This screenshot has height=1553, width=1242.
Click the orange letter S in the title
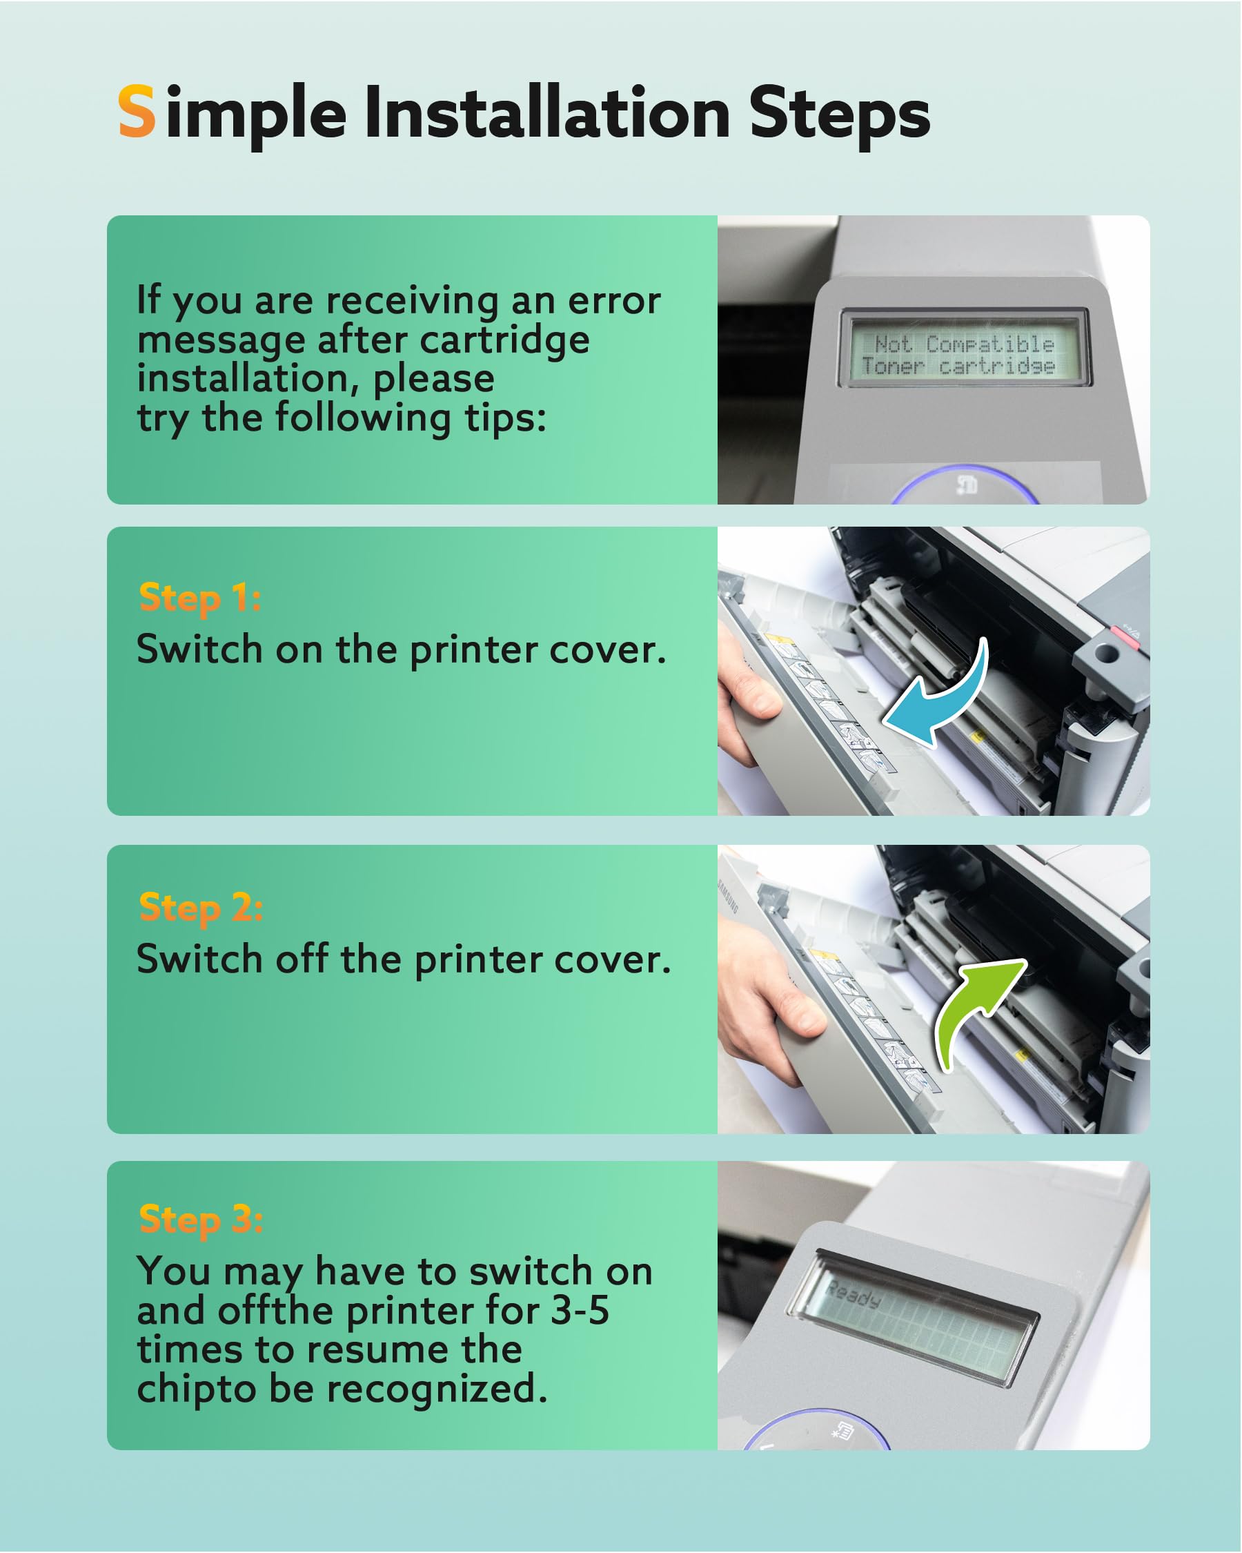coord(137,111)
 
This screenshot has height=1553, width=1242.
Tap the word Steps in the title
coord(840,115)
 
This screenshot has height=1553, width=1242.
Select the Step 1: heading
coord(199,598)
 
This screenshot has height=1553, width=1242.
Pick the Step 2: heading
coord(200,908)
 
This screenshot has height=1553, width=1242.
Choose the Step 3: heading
coord(200,1220)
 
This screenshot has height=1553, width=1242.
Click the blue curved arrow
coord(936,695)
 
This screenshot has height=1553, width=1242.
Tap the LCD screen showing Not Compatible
coord(964,349)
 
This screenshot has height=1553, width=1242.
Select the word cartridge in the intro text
coord(504,341)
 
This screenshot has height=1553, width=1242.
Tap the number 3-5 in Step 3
coord(580,1311)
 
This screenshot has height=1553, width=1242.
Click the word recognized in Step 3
coord(436,1390)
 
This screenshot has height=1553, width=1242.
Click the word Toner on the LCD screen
coord(893,366)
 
